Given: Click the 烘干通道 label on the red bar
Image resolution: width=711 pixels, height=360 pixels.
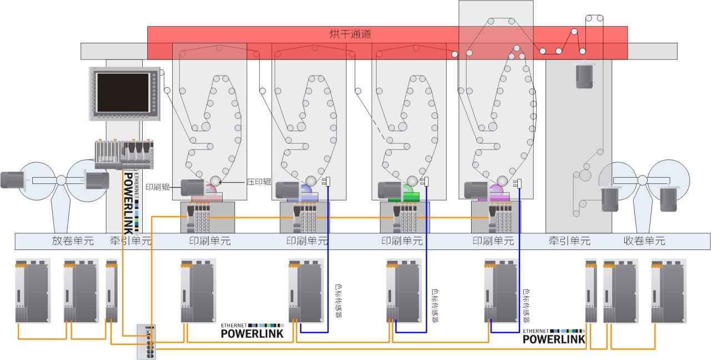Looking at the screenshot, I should (350, 34).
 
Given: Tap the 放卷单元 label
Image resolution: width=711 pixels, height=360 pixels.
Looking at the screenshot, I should (73, 241).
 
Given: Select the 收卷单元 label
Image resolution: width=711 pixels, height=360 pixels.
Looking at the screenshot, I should (644, 241).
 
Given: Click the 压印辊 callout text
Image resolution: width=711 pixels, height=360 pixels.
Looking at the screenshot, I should (258, 182).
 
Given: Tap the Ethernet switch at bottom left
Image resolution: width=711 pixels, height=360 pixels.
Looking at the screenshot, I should (146, 341).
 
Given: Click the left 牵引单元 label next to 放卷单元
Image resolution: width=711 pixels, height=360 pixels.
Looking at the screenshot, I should (131, 241).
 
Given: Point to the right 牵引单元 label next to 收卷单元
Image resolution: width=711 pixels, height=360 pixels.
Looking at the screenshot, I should (569, 241).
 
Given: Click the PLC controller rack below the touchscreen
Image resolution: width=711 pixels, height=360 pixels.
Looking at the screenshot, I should (124, 154).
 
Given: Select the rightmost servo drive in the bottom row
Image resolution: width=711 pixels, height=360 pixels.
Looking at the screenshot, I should (668, 291).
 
